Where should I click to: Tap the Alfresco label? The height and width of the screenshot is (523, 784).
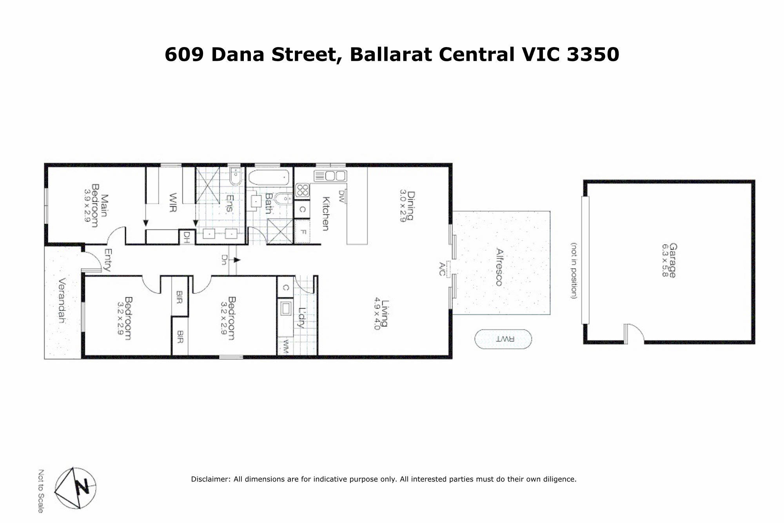(499, 267)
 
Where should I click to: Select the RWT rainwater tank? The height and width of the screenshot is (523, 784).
(503, 339)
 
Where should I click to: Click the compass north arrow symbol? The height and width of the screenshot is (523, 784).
(75, 488)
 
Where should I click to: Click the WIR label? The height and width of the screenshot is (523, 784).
(172, 202)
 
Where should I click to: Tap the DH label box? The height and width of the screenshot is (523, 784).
(187, 237)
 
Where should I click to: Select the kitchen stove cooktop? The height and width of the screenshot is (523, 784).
(302, 191)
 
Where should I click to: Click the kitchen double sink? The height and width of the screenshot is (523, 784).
(330, 176)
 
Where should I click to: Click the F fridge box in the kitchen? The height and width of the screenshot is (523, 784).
(302, 231)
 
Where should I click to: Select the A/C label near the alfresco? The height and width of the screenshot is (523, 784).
(442, 269)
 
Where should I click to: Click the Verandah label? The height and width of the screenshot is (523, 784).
(62, 300)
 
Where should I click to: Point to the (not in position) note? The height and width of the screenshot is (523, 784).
(573, 271)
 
